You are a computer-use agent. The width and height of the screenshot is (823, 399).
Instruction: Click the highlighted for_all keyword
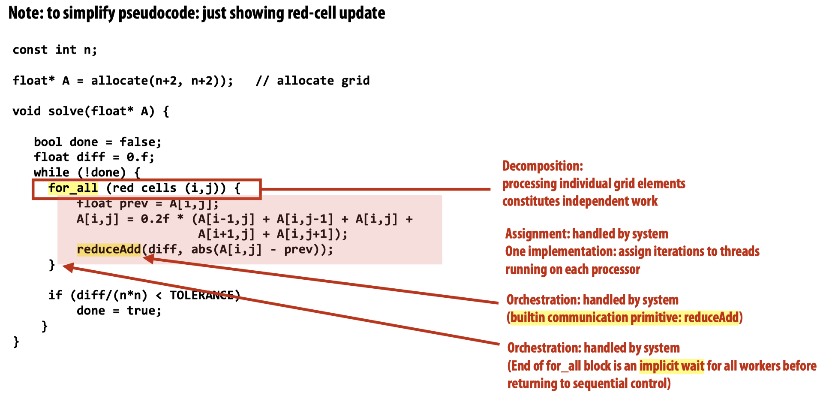pos(73,188)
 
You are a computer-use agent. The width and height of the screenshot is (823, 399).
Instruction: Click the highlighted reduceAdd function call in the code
pos(109,249)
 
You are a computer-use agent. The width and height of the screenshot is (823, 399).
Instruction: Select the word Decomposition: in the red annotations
pos(542,166)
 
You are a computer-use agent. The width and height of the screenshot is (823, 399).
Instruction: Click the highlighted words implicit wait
pos(671,366)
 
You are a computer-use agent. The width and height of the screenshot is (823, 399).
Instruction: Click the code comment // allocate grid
pos(312,81)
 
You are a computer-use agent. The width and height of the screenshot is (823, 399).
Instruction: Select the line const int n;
pos(55,50)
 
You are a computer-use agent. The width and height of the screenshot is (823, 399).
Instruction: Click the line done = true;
pos(119,311)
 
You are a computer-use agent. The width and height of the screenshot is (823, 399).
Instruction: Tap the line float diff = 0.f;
pos(94,157)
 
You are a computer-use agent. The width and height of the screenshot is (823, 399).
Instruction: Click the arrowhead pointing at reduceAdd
pos(148,258)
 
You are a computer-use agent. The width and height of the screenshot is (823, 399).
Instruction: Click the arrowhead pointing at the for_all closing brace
pos(68,267)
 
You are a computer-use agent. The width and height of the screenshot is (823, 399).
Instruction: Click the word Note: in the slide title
pos(26,13)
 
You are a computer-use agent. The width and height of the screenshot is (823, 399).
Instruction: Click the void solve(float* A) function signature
pos(90,111)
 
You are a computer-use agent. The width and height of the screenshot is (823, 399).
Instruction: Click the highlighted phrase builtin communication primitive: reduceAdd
pos(625,317)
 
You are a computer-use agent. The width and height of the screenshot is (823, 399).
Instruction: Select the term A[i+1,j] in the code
pos(226,234)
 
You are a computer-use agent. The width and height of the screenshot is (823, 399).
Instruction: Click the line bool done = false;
pos(97,142)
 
